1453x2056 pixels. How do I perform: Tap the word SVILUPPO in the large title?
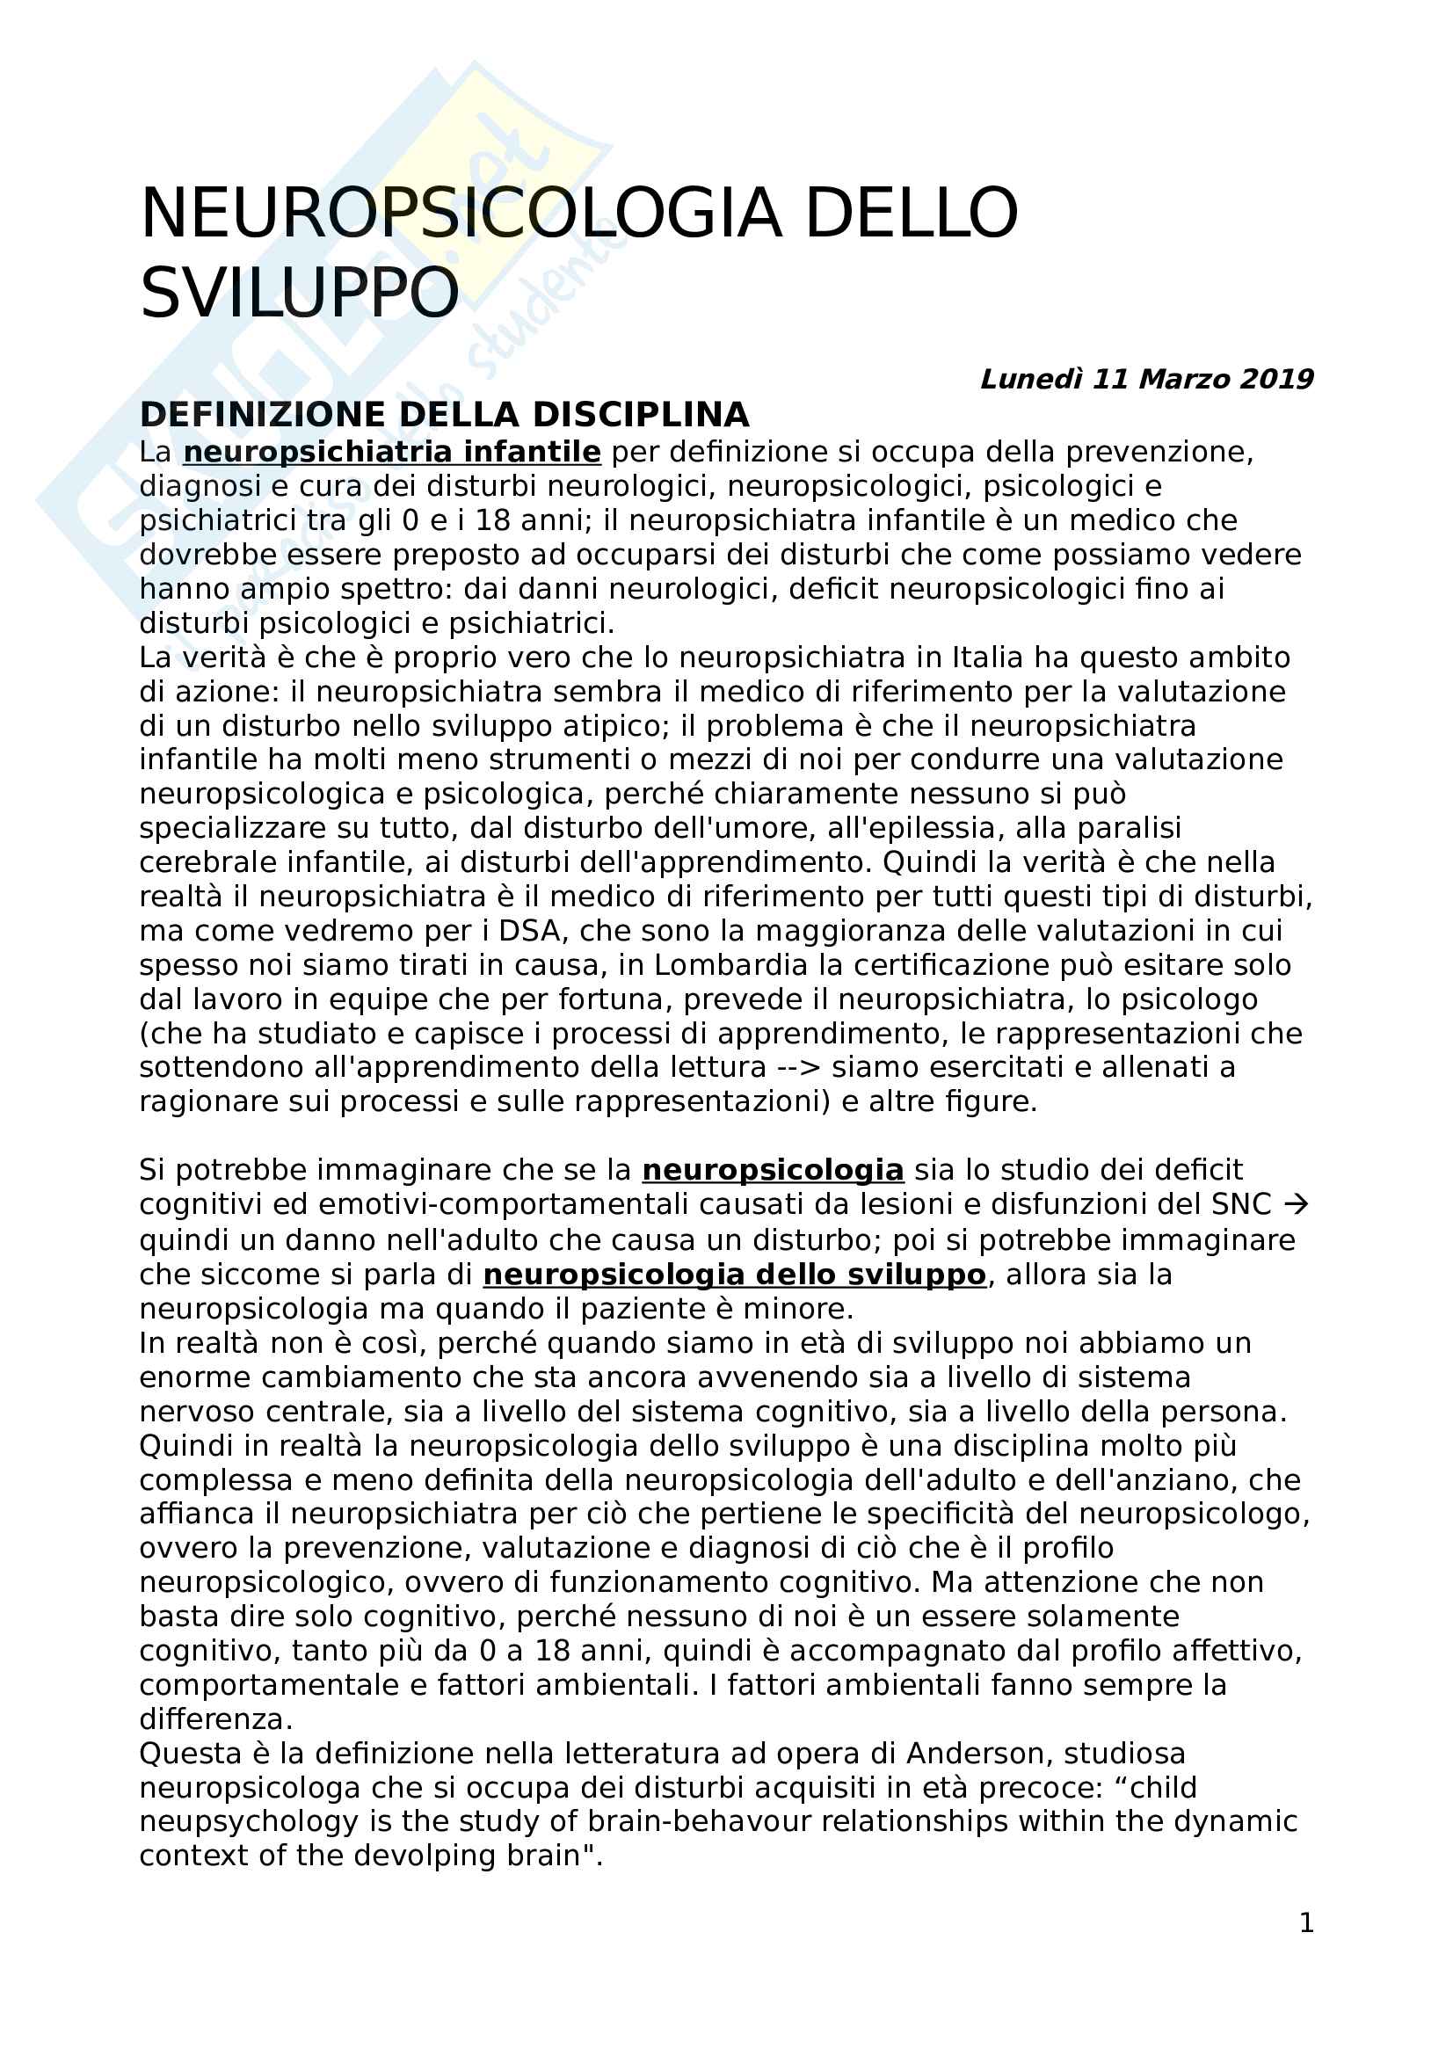click(300, 293)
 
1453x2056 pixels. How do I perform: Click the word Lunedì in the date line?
click(1031, 379)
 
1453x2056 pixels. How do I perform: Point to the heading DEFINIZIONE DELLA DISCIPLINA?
click(444, 415)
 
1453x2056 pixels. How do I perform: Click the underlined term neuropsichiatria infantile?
click(391, 451)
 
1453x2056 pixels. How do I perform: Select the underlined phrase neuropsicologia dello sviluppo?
click(734, 1275)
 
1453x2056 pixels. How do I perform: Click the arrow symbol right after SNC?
click(1296, 1204)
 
